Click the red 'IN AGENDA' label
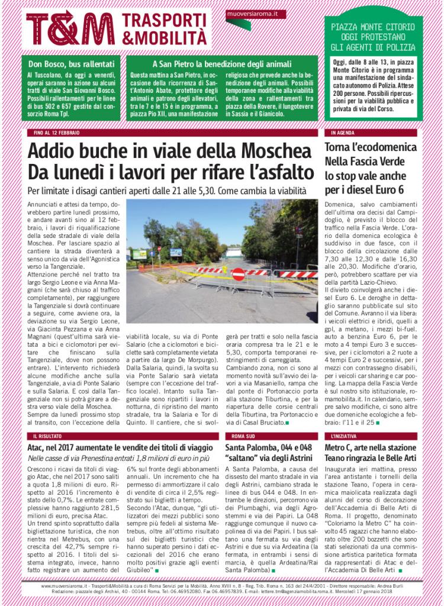(343, 132)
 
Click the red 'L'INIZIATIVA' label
(345, 436)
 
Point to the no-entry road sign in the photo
(238, 274)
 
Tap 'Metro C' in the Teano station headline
(342, 448)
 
